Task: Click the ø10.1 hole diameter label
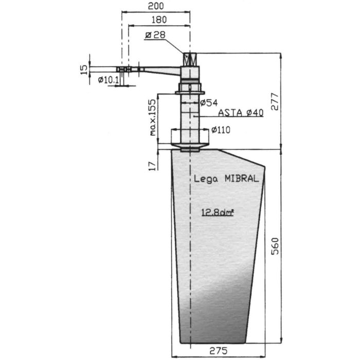click(x=108, y=80)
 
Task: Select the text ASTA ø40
click(x=241, y=113)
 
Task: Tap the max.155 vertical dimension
click(x=153, y=117)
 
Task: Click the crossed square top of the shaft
click(x=190, y=59)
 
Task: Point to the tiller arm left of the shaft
click(x=159, y=70)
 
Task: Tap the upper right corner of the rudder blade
click(x=265, y=167)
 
